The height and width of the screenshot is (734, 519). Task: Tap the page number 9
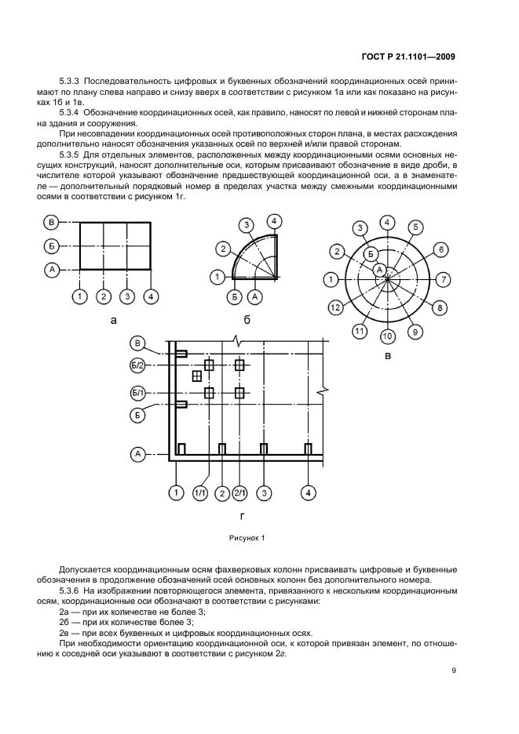[454, 670]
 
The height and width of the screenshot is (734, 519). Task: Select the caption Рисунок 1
[247, 538]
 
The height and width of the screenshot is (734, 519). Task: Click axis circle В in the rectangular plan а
[51, 222]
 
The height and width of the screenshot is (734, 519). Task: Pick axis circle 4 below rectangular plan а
[151, 296]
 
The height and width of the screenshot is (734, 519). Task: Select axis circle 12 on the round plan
[335, 307]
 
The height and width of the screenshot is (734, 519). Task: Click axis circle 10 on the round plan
[387, 336]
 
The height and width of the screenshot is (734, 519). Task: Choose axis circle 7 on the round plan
[444, 278]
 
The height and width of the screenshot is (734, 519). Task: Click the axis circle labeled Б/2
[137, 365]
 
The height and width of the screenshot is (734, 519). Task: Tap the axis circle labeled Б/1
[137, 392]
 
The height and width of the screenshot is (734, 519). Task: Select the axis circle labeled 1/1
[200, 493]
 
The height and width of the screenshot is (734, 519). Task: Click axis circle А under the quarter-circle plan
[254, 296]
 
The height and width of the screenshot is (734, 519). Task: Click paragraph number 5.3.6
[73, 587]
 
